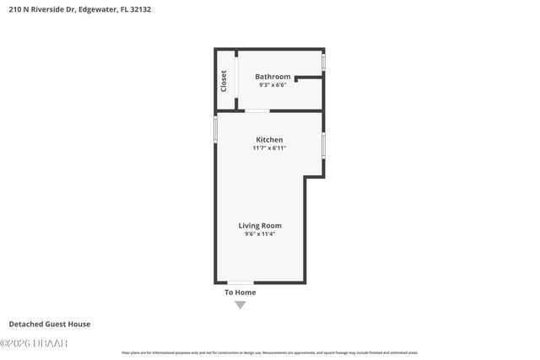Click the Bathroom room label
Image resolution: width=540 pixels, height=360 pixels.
(273, 77)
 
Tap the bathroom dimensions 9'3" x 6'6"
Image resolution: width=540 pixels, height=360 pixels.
(273, 85)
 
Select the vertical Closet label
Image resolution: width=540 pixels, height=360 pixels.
(224, 80)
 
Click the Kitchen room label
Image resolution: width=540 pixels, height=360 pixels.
(269, 139)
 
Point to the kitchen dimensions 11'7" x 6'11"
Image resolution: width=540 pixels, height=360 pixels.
(269, 148)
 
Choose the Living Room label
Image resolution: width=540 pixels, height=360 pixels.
(259, 225)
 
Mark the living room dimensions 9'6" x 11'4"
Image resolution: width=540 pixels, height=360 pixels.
(259, 234)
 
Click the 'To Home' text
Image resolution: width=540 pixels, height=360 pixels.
(240, 293)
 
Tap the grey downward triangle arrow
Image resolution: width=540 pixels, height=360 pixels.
(240, 304)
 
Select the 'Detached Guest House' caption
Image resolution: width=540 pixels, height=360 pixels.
(49, 324)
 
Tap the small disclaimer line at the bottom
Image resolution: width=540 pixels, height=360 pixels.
(269, 352)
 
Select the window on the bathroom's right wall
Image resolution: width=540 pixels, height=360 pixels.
(324, 63)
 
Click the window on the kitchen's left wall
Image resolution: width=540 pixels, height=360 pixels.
(215, 129)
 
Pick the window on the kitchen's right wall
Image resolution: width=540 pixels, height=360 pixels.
(323, 145)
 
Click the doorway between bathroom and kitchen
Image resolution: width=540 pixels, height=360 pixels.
(256, 110)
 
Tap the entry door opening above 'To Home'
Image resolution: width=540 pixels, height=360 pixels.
(240, 282)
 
